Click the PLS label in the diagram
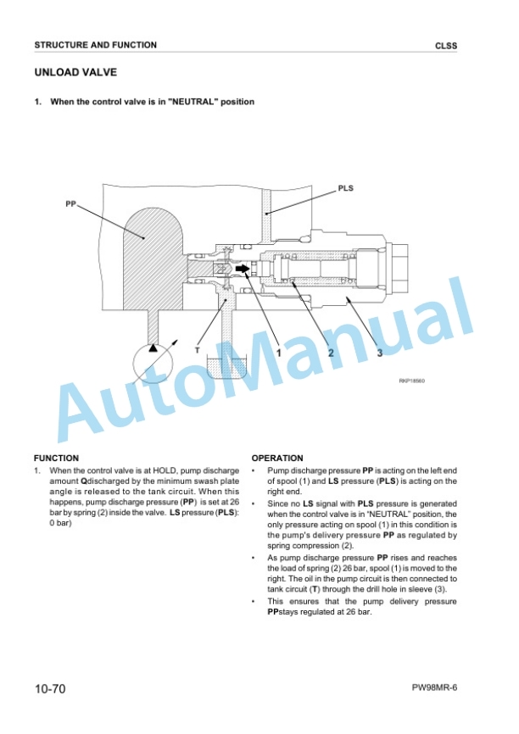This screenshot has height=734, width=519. tap(346, 188)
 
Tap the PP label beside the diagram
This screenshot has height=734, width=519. tap(70, 204)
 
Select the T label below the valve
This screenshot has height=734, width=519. tap(198, 350)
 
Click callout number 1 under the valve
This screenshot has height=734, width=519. tap(279, 353)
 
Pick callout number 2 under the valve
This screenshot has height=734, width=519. tap(331, 353)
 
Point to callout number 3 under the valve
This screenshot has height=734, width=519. tap(380, 353)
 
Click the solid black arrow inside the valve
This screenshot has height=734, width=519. tap(243, 269)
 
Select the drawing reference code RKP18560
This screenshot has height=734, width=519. tap(412, 381)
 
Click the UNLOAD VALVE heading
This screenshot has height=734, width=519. tap(75, 73)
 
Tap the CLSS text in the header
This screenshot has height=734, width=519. tap(446, 46)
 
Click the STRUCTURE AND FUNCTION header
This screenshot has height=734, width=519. tap(96, 45)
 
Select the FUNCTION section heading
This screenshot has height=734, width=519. tap(56, 459)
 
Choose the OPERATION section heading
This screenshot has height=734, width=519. tap(277, 459)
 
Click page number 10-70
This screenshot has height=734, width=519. tap(50, 688)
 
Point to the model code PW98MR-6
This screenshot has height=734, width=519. tap(435, 687)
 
